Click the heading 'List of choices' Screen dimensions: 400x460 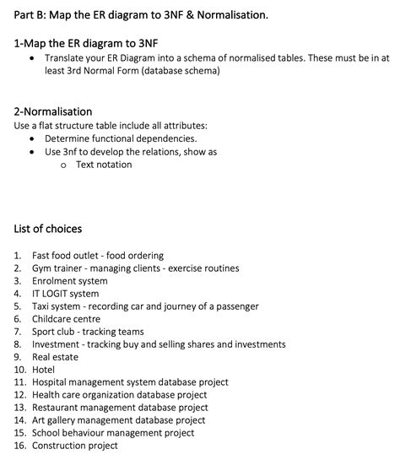(x=48, y=229)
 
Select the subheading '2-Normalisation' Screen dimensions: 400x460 (x=53, y=111)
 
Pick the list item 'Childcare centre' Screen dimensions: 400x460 (x=66, y=319)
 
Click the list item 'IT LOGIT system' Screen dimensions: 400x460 (x=65, y=294)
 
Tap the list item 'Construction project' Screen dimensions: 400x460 (x=75, y=446)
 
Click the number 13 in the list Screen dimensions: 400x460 (x=19, y=408)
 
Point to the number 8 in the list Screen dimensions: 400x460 (x=18, y=344)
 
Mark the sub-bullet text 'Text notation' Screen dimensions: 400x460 (x=104, y=165)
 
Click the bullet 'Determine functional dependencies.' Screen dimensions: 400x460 (x=121, y=138)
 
